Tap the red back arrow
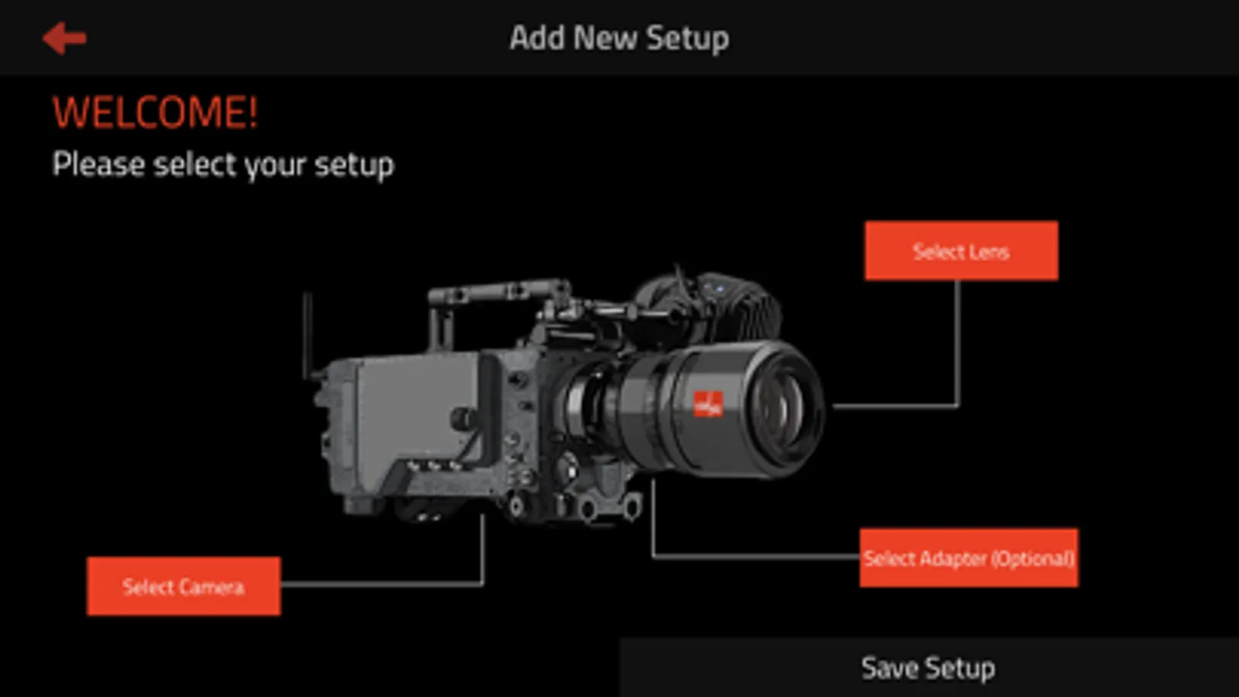click(64, 38)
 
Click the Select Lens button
click(962, 251)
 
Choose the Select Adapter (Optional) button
click(969, 558)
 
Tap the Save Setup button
click(929, 668)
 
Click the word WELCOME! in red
click(155, 113)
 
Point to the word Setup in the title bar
click(687, 39)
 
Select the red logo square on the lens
click(708, 403)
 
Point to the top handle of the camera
click(497, 291)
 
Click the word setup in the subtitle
click(354, 166)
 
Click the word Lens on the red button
click(988, 252)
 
